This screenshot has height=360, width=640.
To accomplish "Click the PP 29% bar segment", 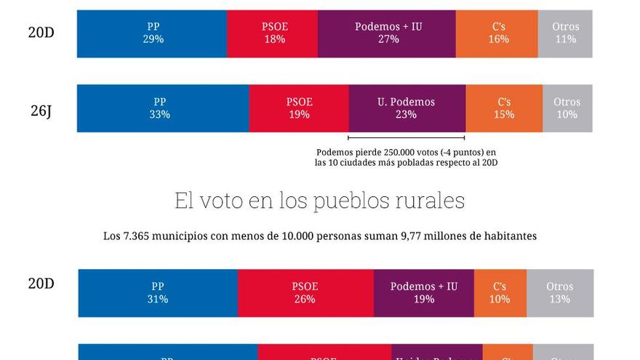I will tap(152, 33).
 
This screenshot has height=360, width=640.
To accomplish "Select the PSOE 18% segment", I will tap(272, 33).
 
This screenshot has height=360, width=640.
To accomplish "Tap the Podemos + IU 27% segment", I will tap(387, 33).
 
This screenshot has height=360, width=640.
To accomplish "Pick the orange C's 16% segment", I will tap(497, 33).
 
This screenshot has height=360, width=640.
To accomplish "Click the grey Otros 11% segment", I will tap(565, 33).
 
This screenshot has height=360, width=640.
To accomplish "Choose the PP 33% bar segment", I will tap(163, 108).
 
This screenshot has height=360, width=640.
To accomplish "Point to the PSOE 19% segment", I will tap(299, 108).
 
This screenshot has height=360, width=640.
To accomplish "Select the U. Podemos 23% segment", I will tap(407, 108).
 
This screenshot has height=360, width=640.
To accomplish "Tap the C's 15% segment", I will tap(504, 108).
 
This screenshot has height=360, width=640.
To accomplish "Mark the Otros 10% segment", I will tap(567, 108).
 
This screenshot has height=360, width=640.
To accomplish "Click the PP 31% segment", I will tap(158, 293).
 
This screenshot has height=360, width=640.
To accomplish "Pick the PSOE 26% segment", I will tap(305, 293).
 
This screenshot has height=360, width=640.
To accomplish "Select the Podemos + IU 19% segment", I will tap(424, 293).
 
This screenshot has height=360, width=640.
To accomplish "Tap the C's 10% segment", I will tap(500, 293).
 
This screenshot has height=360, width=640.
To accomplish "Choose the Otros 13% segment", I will tap(560, 293).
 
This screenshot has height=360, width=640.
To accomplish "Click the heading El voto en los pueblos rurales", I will tap(319, 201).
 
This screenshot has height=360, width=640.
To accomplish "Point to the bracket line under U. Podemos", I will tap(406, 137).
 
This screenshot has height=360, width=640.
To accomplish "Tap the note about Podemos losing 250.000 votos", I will tap(406, 157).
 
